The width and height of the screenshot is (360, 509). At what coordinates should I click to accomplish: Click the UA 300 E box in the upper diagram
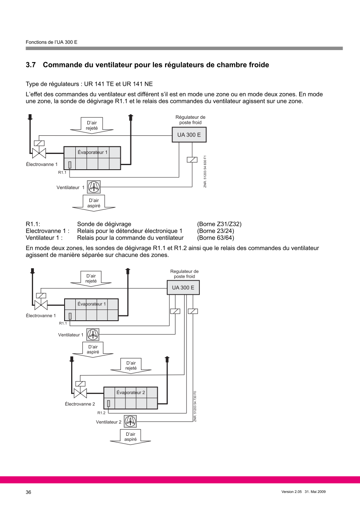189,135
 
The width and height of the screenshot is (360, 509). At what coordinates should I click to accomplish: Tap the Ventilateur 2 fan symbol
130,422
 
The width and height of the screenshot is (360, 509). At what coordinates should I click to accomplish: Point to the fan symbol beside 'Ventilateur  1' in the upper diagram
94,187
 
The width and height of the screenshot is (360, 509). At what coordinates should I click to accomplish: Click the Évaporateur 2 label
130,392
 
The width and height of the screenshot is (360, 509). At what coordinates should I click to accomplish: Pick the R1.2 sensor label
101,413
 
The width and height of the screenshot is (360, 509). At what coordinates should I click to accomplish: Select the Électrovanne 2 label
80,404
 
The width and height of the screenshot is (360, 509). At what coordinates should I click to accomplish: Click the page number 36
29,492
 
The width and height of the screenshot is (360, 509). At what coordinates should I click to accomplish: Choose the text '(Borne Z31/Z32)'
219,224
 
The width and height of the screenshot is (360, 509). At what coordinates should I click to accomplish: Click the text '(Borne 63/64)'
216,238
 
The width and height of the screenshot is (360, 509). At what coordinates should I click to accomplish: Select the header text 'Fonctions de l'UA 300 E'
51,42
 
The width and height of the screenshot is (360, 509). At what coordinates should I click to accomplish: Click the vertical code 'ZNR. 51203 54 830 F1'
205,171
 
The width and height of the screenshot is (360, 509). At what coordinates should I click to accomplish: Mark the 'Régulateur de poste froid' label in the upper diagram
190,120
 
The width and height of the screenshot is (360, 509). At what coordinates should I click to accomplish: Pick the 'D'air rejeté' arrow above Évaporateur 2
131,366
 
